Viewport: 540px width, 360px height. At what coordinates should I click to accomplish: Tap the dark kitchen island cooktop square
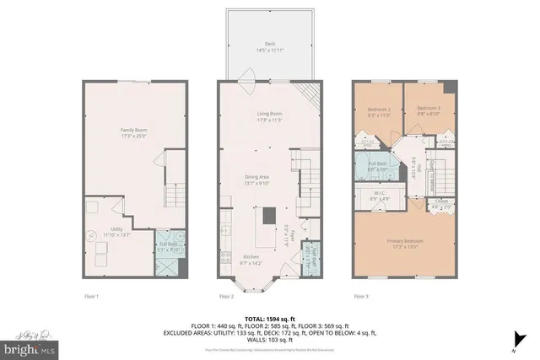click(x=269, y=215)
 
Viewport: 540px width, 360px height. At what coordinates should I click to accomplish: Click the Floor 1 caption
click(x=91, y=296)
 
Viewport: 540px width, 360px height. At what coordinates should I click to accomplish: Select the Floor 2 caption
click(x=226, y=296)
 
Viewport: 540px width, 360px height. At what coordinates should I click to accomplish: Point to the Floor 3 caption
click(x=361, y=296)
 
